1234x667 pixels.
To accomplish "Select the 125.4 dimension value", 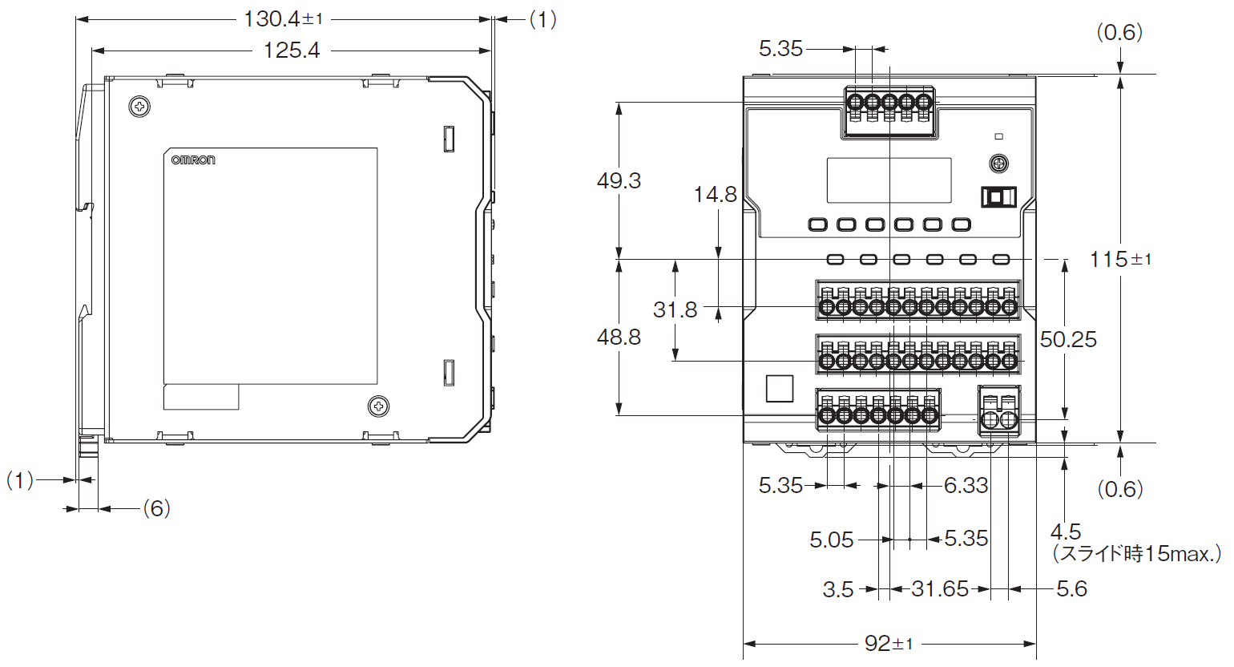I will [292, 51].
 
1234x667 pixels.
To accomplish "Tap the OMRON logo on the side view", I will [193, 160].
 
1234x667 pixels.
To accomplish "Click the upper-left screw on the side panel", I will [139, 107].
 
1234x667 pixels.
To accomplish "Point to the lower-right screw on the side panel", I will [378, 406].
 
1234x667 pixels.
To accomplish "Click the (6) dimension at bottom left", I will [156, 508].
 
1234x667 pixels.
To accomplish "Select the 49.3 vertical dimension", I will [619, 181].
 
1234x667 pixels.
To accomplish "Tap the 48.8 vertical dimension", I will [619, 338].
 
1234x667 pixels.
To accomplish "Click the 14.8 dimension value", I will [715, 195].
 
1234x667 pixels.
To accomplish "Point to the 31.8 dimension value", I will [675, 309].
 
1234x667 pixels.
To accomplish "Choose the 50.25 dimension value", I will [1068, 340].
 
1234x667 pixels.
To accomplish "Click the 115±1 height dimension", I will [1120, 260].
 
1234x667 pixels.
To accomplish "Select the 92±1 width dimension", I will [889, 643].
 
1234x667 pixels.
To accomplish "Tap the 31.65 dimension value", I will [940, 589].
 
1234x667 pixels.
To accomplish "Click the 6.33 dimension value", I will [966, 485].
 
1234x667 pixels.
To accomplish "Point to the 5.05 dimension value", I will [831, 540].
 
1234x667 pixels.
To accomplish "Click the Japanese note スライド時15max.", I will [1137, 553].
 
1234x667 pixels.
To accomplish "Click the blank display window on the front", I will [889, 180].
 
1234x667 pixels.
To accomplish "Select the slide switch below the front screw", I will [998, 197].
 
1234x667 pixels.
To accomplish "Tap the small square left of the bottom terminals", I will [779, 389].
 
